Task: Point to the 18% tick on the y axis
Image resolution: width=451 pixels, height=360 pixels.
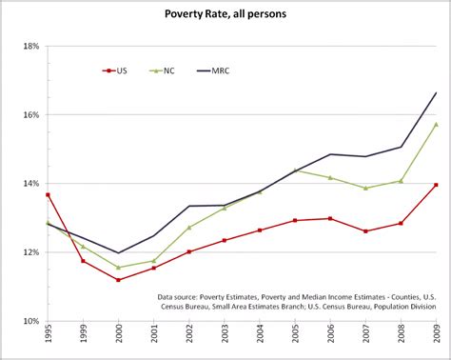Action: click(x=30, y=46)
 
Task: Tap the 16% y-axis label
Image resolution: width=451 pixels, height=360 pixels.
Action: click(x=30, y=114)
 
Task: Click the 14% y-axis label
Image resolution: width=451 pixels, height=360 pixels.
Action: click(x=30, y=183)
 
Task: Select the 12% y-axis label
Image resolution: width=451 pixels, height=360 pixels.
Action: click(x=30, y=252)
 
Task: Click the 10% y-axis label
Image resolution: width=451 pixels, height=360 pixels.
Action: click(x=30, y=321)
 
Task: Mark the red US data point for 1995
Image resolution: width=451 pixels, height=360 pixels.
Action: click(x=48, y=194)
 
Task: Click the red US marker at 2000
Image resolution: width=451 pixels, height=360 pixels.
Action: click(x=118, y=280)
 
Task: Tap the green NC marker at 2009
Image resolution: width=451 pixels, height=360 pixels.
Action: click(x=436, y=124)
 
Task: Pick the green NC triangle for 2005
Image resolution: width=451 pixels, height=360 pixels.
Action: click(x=295, y=170)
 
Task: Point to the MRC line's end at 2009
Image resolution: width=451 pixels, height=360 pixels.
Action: click(x=436, y=92)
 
